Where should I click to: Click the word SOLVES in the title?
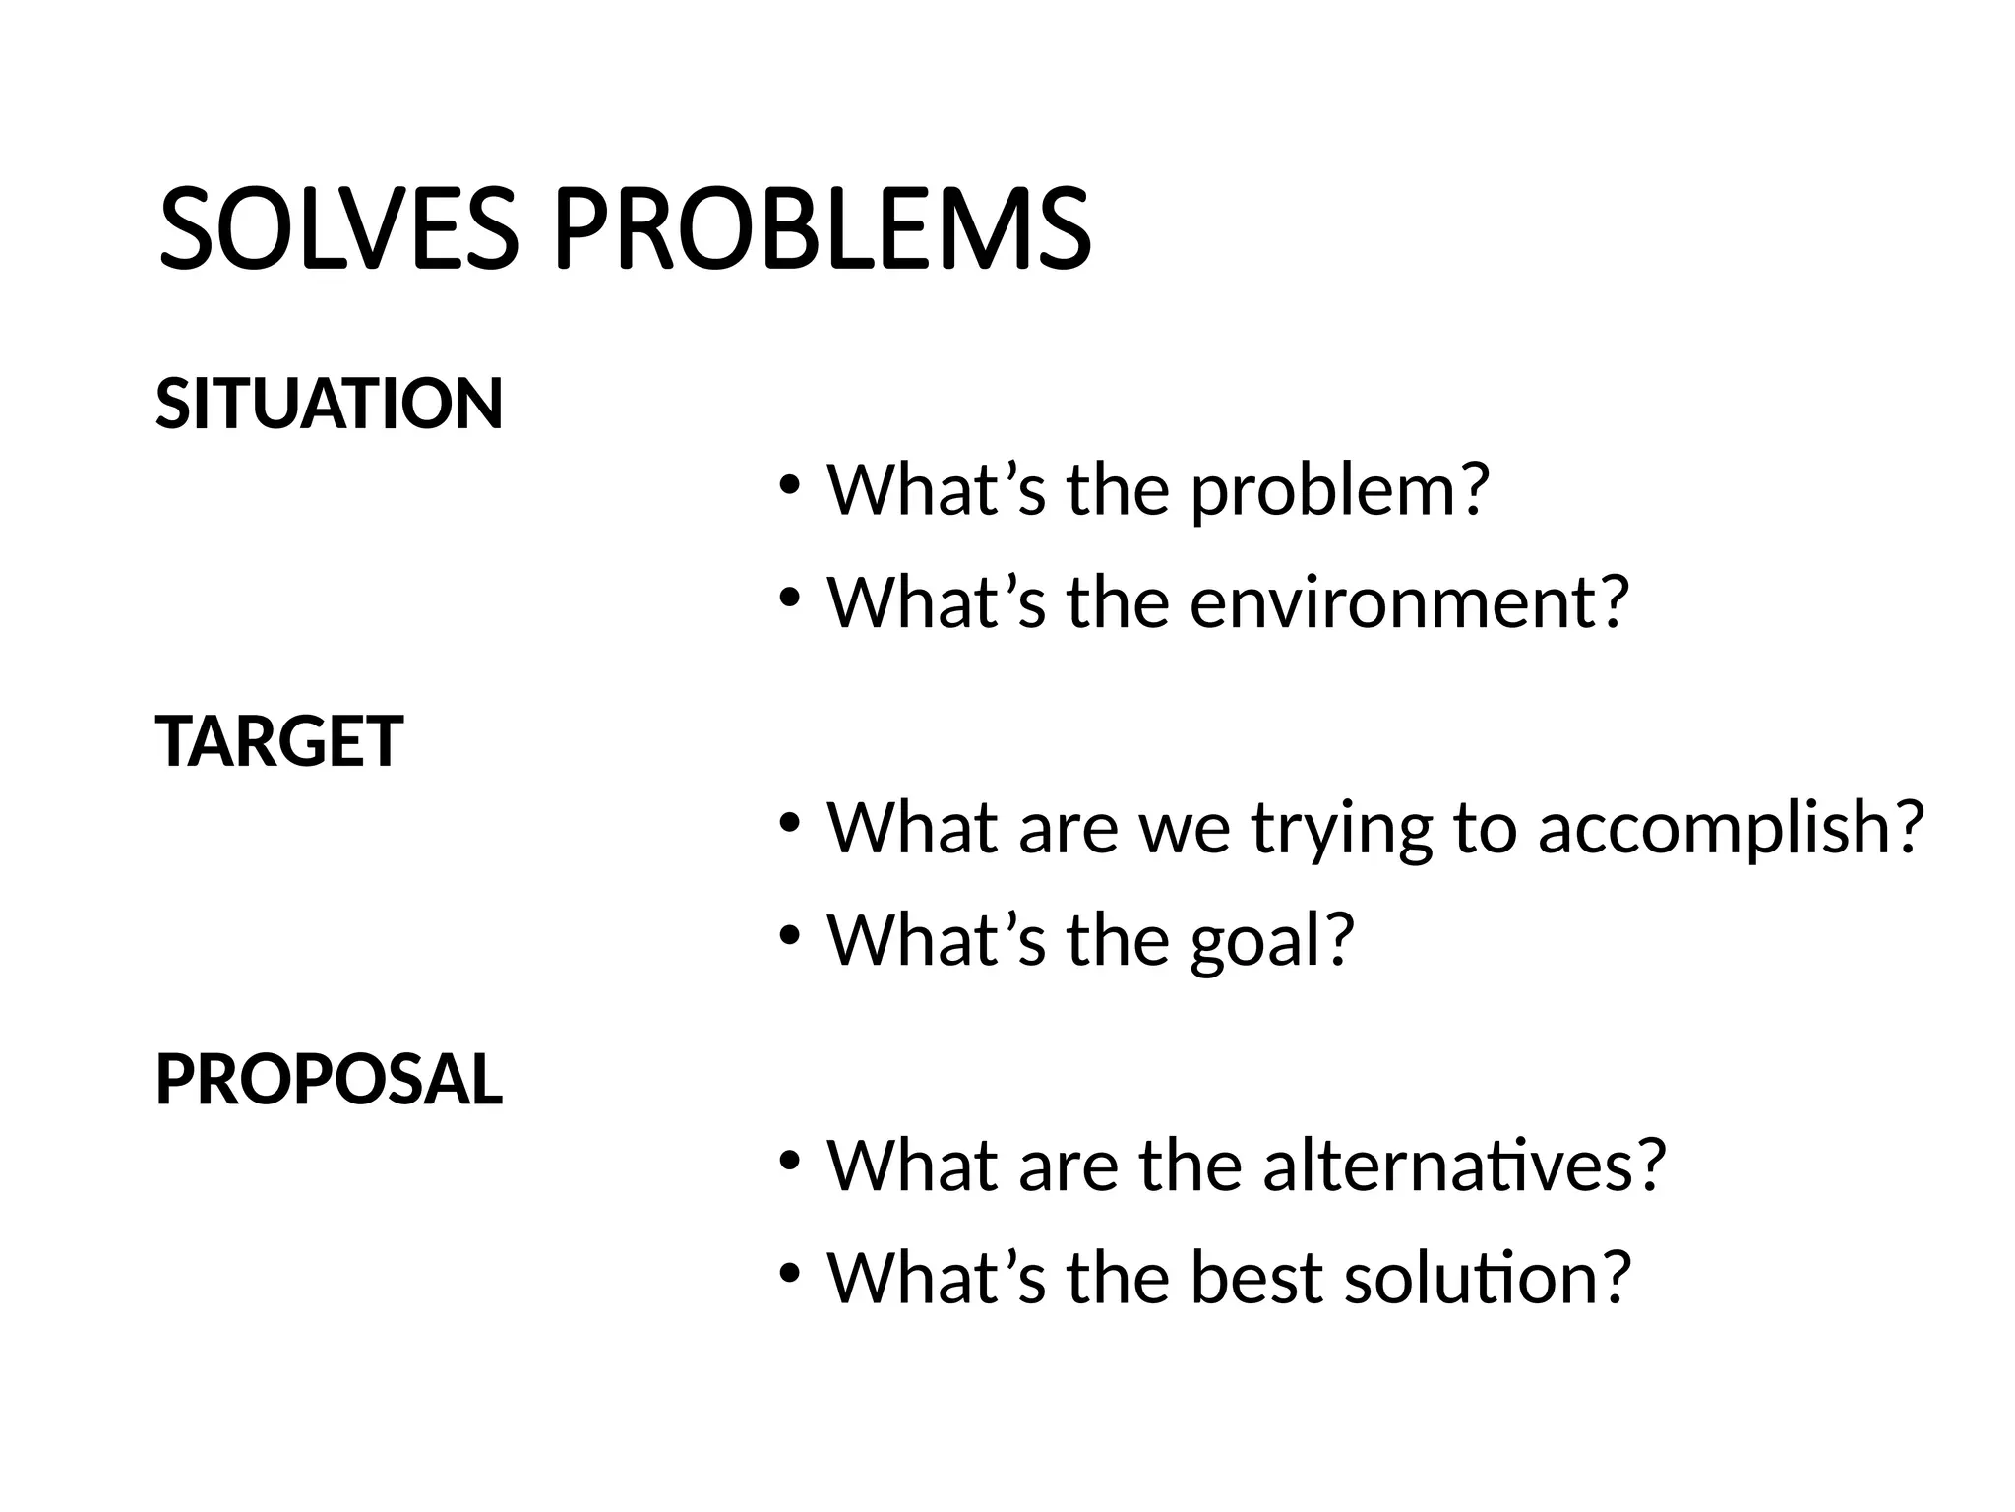(337, 229)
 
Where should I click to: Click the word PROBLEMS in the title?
(823, 229)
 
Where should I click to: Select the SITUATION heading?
(330, 404)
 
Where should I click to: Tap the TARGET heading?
(279, 741)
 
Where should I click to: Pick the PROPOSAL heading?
(330, 1080)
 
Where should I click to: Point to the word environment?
(1410, 601)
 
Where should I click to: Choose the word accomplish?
(1730, 828)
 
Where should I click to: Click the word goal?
(1272, 940)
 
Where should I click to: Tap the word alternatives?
(1464, 1165)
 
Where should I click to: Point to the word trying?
(1342, 830)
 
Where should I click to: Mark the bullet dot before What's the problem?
(789, 486)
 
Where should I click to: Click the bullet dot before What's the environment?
(789, 598)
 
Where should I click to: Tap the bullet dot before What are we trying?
(789, 824)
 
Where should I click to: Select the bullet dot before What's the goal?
(789, 936)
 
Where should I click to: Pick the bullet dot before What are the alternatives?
(789, 1162)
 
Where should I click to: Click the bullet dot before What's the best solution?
(789, 1274)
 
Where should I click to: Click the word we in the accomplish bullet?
(1185, 830)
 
